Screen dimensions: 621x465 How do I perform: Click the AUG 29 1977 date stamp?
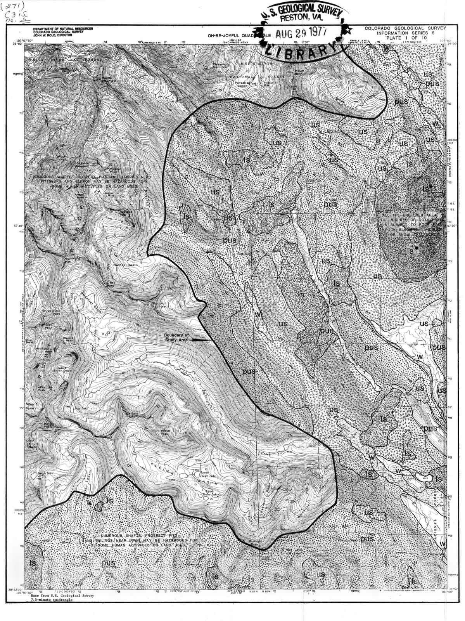pos(301,33)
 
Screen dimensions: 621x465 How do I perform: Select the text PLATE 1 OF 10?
pos(405,38)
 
